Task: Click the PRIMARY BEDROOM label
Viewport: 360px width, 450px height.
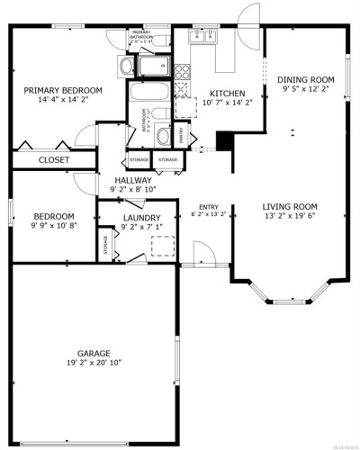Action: click(63, 90)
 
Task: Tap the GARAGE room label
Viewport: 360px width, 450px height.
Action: click(94, 352)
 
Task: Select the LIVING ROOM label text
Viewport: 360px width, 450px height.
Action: click(290, 206)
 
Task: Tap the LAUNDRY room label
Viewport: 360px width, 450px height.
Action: click(141, 218)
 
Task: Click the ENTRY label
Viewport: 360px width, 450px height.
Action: click(208, 206)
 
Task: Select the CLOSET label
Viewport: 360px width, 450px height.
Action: click(53, 160)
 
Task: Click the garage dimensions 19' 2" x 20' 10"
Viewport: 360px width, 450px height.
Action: click(94, 363)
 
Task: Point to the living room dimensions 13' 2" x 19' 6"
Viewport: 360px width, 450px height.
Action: click(290, 217)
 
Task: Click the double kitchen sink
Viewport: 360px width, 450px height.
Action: click(203, 37)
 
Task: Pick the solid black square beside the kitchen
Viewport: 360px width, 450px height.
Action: click(225, 141)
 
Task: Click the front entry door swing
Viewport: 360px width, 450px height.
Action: click(193, 256)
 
